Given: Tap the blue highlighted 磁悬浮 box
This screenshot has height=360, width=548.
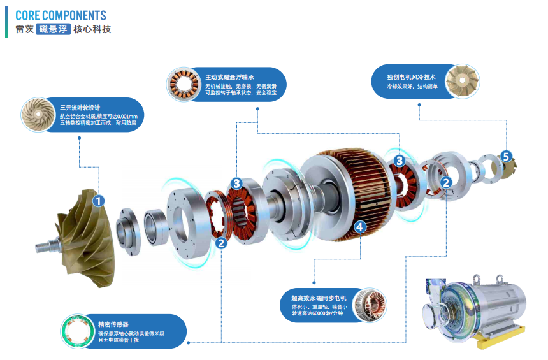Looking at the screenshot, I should [53, 29].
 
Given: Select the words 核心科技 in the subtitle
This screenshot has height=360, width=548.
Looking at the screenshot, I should [92, 29].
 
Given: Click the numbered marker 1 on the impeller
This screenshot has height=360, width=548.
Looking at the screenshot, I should [98, 201].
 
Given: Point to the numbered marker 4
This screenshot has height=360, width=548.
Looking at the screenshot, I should [359, 226].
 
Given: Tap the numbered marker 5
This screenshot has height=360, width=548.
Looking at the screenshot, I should [505, 156].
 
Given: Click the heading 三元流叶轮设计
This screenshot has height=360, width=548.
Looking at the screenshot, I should [80, 108].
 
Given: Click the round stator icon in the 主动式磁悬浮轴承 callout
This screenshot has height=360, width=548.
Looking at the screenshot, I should [182, 85].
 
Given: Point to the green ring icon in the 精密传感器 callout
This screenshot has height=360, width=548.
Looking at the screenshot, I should [77, 331].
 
